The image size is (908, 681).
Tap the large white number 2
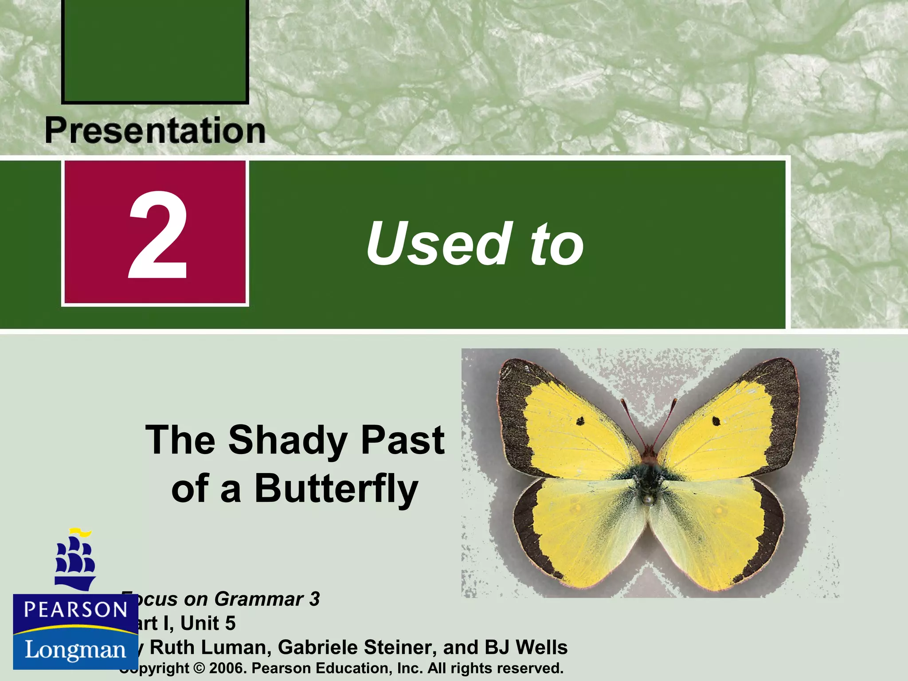pos(158,235)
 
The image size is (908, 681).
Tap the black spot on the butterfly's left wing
pos(580,421)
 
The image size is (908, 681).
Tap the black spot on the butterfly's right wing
pos(716,421)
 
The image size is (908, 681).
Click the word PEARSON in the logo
pos(75,610)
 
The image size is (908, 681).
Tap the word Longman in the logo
pos(75,650)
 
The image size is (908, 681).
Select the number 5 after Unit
pos(230,623)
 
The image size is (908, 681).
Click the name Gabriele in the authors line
pos(317,648)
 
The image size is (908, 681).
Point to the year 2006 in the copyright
pos(227,668)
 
